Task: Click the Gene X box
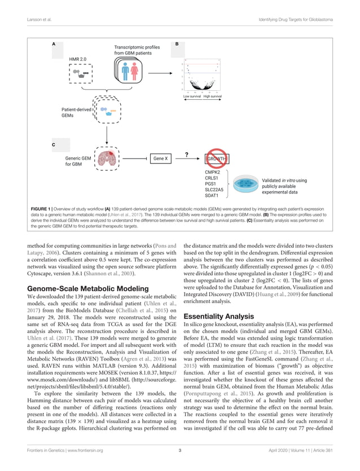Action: [x=161, y=159]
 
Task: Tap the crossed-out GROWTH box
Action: [x=217, y=159]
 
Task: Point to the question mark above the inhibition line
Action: [x=187, y=152]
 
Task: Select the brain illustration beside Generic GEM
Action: [x=107, y=160]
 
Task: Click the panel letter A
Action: [x=54, y=43]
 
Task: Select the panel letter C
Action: [x=54, y=145]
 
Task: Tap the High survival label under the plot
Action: [x=213, y=96]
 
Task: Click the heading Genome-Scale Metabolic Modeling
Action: [x=93, y=289]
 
